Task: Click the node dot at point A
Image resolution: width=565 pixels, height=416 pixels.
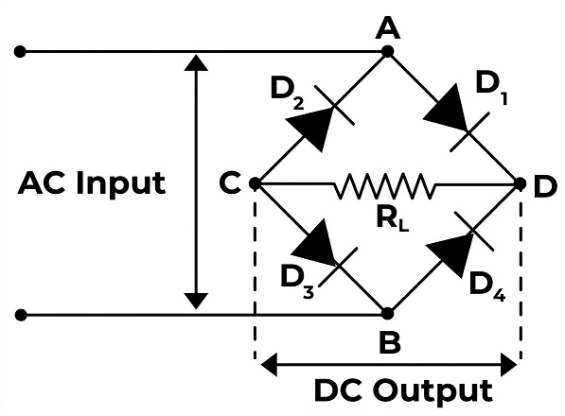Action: tap(387, 51)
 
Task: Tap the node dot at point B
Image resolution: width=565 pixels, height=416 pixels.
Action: tap(387, 314)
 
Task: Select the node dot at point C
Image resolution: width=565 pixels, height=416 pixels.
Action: tap(255, 183)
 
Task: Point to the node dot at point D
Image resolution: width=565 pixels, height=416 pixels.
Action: tap(520, 183)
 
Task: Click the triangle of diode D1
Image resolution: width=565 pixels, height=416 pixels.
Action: tap(448, 111)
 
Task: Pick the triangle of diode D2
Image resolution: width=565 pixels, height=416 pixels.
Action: tap(311, 127)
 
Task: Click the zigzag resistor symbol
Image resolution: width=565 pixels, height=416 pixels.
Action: tap(384, 185)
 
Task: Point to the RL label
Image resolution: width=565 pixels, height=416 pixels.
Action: tap(393, 219)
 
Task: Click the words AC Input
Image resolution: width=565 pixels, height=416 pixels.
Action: tap(92, 183)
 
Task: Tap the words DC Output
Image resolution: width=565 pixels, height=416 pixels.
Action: tap(403, 391)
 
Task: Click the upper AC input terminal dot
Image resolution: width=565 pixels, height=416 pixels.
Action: tap(20, 51)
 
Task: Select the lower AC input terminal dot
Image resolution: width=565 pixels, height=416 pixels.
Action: tap(21, 315)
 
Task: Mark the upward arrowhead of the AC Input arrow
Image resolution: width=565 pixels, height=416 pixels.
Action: tap(196, 62)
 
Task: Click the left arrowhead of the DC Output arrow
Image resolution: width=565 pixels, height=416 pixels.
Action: tap(269, 365)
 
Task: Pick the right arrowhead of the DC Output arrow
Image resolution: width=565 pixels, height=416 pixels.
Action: tap(509, 365)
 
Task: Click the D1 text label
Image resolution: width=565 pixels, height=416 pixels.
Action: tap(492, 87)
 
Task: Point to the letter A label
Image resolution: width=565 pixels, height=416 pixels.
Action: tap(388, 28)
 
